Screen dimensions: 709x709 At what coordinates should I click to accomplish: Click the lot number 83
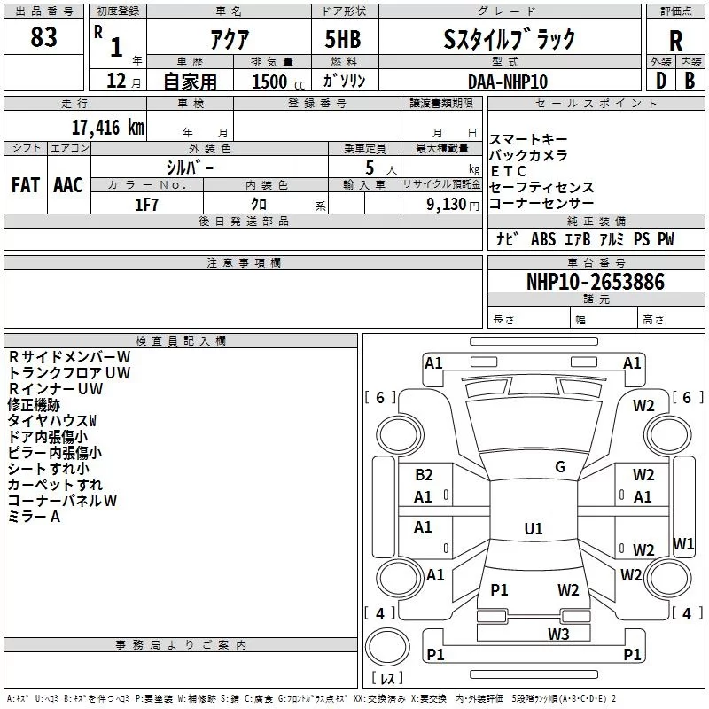(x=43, y=37)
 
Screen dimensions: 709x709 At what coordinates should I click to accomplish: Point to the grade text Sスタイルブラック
(x=509, y=38)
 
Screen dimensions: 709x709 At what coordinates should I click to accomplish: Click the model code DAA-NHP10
(x=508, y=81)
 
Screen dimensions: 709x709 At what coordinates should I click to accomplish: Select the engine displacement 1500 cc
(x=271, y=81)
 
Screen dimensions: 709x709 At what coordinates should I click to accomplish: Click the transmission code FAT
(x=26, y=184)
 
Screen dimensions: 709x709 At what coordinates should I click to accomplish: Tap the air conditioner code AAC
(x=68, y=184)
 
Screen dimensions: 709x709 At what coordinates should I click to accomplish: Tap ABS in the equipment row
(x=542, y=239)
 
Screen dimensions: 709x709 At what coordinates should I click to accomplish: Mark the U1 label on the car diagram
(x=533, y=529)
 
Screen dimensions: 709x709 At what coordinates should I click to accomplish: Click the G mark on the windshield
(x=560, y=467)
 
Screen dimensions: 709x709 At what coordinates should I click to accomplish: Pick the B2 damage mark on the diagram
(x=424, y=475)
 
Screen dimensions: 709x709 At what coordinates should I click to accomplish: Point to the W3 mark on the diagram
(x=557, y=633)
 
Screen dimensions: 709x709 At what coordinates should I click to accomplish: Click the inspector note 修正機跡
(x=34, y=404)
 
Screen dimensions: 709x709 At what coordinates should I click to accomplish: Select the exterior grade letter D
(x=659, y=81)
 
